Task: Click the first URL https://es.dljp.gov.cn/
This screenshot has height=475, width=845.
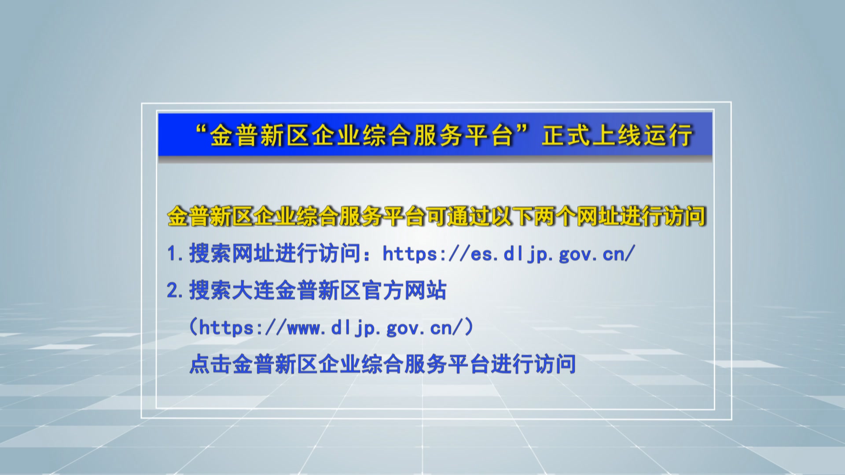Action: click(509, 254)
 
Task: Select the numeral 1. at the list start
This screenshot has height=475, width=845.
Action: click(175, 254)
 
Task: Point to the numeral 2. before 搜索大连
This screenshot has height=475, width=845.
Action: click(175, 291)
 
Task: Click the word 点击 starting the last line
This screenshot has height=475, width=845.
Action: click(211, 364)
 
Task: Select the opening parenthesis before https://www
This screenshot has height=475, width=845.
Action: click(194, 328)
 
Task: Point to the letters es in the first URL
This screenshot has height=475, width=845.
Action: click(481, 256)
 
